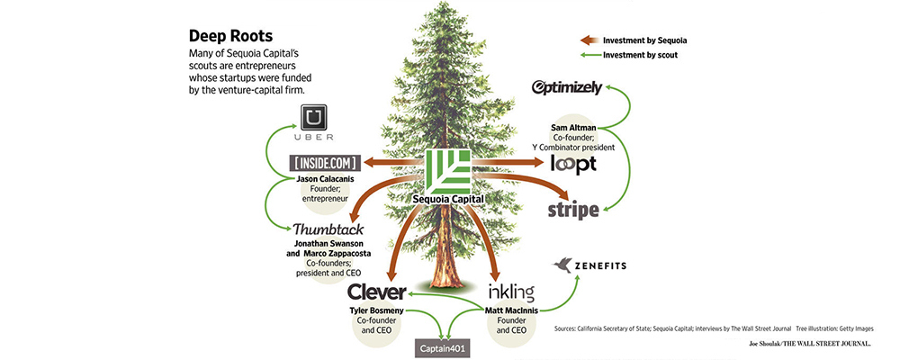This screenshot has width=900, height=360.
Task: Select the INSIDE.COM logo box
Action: [x=327, y=163]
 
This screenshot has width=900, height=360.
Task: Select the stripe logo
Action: [x=573, y=211]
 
